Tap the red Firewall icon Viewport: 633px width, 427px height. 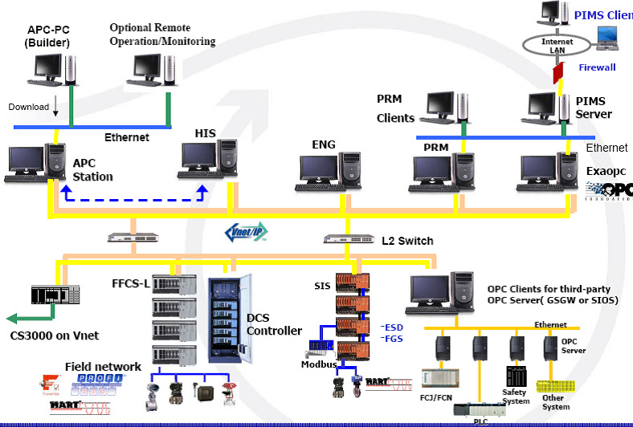[x=557, y=73]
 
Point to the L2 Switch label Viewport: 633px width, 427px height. [x=407, y=241]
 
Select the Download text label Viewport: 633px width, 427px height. [x=29, y=107]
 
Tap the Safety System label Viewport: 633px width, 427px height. [x=517, y=396]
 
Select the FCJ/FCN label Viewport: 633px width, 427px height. [x=438, y=396]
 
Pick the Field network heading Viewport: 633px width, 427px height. [x=103, y=367]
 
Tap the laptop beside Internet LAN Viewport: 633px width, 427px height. [x=609, y=39]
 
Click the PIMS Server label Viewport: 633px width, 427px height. [x=594, y=108]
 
